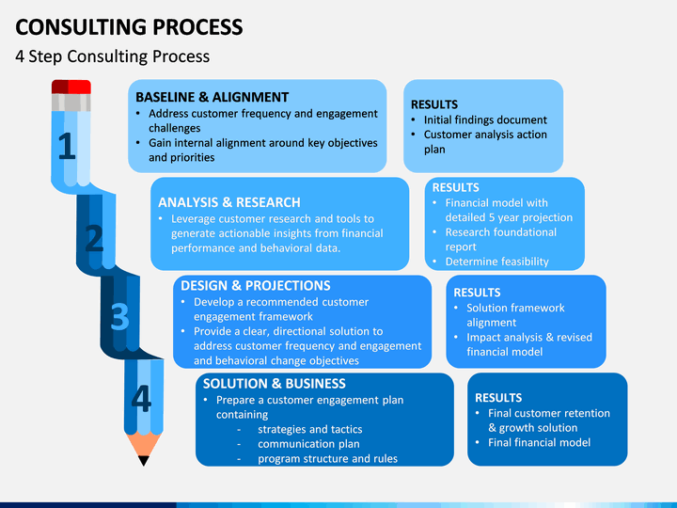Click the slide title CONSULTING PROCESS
pos(129,26)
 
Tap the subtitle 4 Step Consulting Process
pos(112,56)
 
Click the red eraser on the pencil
pos(71,87)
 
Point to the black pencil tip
pos(144,460)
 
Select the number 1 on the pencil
pos(67,146)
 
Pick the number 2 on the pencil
pos(94,238)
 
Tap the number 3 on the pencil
pos(119,317)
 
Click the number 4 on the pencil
pos(141,398)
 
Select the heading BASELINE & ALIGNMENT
pos(212,97)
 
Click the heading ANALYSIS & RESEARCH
pos(229,202)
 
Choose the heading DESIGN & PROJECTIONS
pos(256,286)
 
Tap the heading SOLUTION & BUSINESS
pos(275,384)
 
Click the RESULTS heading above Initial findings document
pos(434,104)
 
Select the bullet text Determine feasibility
pos(497,262)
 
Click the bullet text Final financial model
pos(540,442)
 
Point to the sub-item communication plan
pos(308,444)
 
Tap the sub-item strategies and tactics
pos(310,429)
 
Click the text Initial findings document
pos(485,119)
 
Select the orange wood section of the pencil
pos(144,444)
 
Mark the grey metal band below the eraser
pos(71,103)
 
